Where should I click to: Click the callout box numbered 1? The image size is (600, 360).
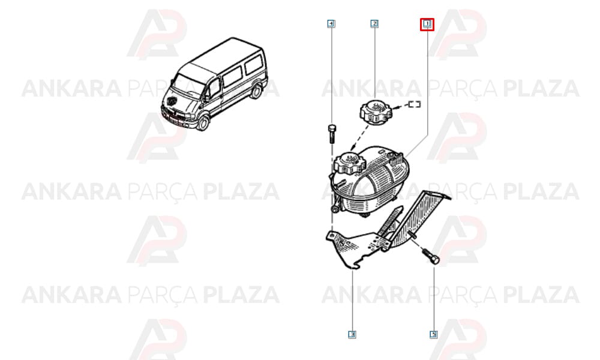click(x=427, y=25)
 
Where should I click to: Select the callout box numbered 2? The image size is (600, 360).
click(x=374, y=24)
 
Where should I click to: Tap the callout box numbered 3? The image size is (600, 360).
click(x=352, y=335)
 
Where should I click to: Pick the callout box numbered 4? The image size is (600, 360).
click(x=331, y=24)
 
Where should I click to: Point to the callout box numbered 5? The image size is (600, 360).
click(x=434, y=335)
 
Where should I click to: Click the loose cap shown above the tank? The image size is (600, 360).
click(x=374, y=112)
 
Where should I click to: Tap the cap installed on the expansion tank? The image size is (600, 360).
click(x=350, y=162)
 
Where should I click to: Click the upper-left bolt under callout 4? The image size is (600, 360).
click(x=331, y=134)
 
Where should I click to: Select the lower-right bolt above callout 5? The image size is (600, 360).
click(x=430, y=256)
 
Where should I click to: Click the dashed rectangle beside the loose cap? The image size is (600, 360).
click(x=414, y=104)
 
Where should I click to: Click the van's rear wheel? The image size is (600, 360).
click(x=256, y=91)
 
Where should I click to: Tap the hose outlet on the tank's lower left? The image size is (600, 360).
click(x=335, y=208)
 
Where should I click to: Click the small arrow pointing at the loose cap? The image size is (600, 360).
click(x=399, y=107)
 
